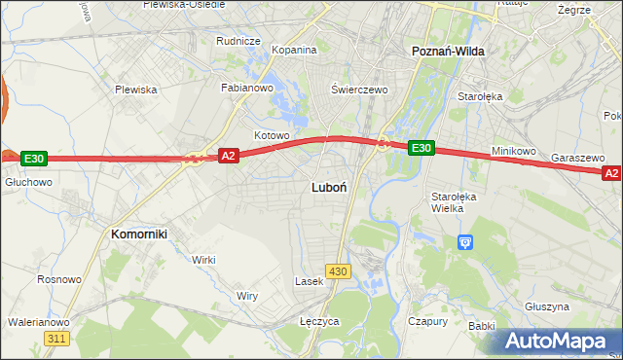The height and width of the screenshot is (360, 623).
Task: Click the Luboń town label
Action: pyautogui.click(x=328, y=186)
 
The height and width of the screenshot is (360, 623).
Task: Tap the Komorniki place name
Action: pyautogui.click(x=140, y=234)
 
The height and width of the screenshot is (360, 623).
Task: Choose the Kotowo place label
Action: pyautogui.click(x=272, y=135)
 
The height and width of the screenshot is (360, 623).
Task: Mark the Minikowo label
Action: pyautogui.click(x=514, y=152)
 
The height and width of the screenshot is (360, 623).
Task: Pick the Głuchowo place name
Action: pyautogui.click(x=28, y=182)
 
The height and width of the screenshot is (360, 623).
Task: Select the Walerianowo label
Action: pyautogui.click(x=38, y=322)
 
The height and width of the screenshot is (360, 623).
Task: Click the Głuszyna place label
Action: pyautogui.click(x=545, y=306)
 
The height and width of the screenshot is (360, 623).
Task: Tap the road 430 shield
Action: pyautogui.click(x=338, y=271)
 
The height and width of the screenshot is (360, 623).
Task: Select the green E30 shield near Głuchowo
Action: pyautogui.click(x=33, y=159)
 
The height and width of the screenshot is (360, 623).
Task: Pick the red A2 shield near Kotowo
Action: pyautogui.click(x=228, y=156)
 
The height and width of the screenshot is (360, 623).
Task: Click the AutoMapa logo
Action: pyautogui.click(x=559, y=341)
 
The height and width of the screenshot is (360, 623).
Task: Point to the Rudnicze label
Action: pyautogui.click(x=238, y=41)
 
